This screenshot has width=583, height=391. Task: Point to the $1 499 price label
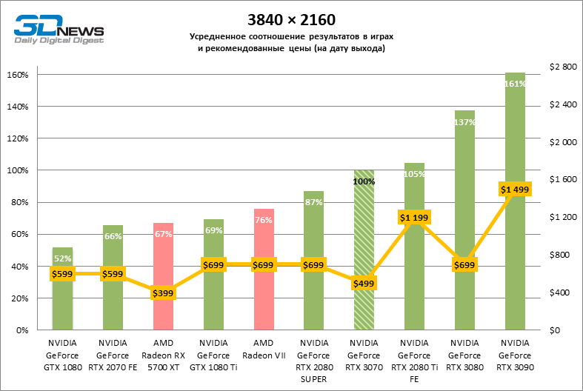(x=515, y=190)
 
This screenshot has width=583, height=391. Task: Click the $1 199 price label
(x=414, y=218)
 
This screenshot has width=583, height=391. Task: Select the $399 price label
(x=163, y=293)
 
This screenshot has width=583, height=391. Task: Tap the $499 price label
(x=364, y=284)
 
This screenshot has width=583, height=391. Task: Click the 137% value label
(x=464, y=122)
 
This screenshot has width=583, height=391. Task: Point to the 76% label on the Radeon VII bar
(x=264, y=219)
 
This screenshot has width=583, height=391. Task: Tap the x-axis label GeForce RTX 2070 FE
(x=113, y=355)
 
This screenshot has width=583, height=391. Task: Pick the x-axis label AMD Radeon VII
(x=264, y=349)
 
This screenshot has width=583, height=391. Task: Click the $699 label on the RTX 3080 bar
(x=464, y=264)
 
